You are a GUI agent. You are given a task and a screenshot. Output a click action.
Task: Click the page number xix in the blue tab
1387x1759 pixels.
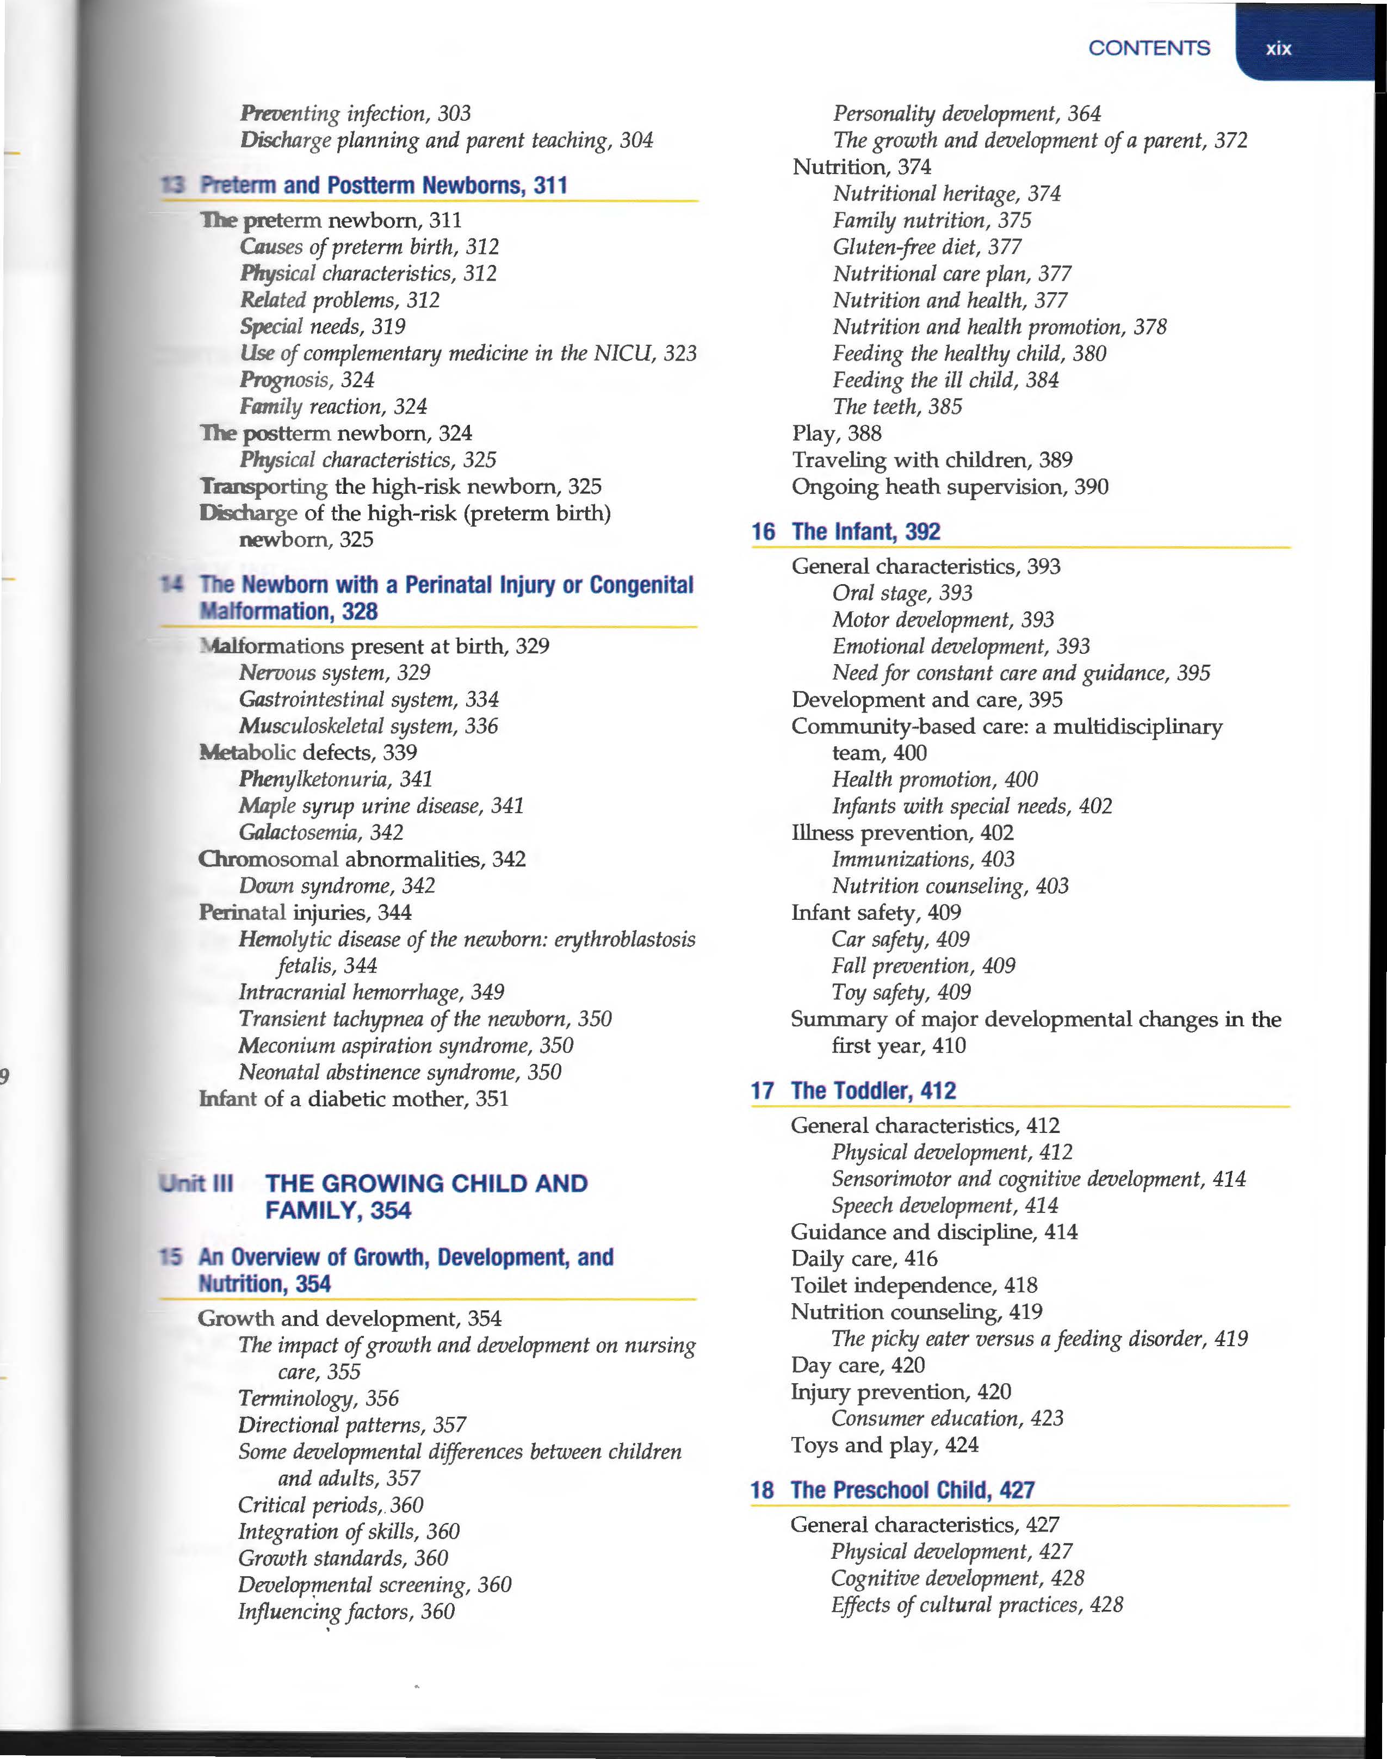click(1278, 49)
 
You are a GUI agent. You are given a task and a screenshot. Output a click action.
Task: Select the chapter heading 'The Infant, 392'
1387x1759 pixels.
click(866, 532)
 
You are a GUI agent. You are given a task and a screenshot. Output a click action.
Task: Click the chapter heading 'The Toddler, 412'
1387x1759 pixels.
click(874, 1091)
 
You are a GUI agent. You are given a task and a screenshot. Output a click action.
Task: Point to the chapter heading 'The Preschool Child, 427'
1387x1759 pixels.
click(912, 1490)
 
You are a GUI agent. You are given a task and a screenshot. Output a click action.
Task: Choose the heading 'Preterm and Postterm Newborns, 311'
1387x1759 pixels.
click(383, 186)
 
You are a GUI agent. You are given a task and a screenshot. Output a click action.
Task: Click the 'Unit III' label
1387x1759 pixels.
click(196, 1183)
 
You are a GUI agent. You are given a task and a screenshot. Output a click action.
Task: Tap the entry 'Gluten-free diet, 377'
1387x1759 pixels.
click(926, 247)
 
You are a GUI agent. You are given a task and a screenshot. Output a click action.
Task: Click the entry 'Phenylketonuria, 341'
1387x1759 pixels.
click(336, 779)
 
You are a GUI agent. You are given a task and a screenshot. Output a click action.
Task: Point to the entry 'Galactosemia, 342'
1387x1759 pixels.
click(321, 832)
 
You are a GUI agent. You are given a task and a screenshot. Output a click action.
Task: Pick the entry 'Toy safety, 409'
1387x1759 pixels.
click(901, 993)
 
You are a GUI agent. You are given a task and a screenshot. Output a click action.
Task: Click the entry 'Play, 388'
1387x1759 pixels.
click(837, 433)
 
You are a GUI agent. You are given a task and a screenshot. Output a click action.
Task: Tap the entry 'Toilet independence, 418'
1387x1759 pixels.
click(914, 1286)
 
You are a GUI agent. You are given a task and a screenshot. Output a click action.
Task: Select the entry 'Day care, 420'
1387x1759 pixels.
click(858, 1365)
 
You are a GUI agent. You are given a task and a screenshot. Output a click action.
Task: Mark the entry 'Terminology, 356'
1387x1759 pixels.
click(318, 1398)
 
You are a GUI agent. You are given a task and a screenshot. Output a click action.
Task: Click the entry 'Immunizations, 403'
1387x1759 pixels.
click(924, 859)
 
